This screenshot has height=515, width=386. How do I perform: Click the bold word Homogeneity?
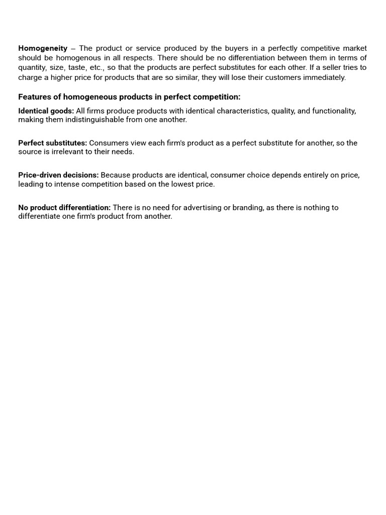[x=43, y=48]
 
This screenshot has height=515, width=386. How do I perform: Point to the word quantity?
[x=31, y=68]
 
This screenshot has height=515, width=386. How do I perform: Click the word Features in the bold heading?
[x=34, y=97]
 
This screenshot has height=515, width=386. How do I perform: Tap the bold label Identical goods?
[x=46, y=111]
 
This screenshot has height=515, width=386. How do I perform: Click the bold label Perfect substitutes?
[x=52, y=143]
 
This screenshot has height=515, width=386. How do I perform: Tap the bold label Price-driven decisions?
[x=58, y=175]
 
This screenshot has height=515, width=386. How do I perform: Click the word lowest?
[x=181, y=184]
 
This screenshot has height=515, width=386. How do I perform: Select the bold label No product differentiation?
[x=64, y=207]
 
